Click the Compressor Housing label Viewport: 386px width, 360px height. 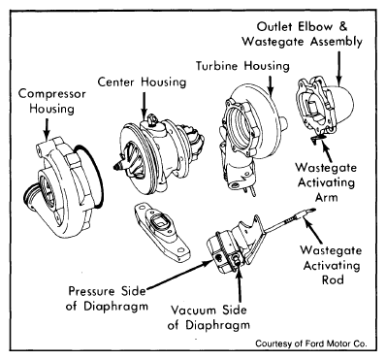pyautogui.click(x=51, y=101)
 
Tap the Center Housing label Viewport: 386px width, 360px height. pyautogui.click(x=142, y=82)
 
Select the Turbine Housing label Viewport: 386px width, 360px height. pyautogui.click(x=242, y=66)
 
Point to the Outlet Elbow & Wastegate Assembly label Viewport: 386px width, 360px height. pyautogui.click(x=303, y=34)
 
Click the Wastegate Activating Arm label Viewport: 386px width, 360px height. pyautogui.click(x=326, y=182)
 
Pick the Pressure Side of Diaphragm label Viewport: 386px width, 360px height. pyautogui.click(x=107, y=298)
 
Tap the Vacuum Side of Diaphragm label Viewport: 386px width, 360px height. pyautogui.click(x=209, y=317)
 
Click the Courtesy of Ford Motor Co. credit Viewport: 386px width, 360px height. pyautogui.click(x=311, y=344)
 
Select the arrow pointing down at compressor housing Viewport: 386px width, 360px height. pyautogui.click(x=48, y=128)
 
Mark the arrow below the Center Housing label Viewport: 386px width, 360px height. pyautogui.click(x=145, y=105)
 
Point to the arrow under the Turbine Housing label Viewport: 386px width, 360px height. pyautogui.click(x=271, y=86)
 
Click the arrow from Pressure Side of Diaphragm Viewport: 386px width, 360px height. pyautogui.click(x=178, y=275)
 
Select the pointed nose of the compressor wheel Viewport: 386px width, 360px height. pyautogui.click(x=118, y=167)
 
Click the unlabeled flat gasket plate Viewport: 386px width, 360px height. pyautogui.click(x=162, y=231)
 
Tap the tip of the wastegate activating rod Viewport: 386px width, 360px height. pyautogui.click(x=313, y=211)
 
